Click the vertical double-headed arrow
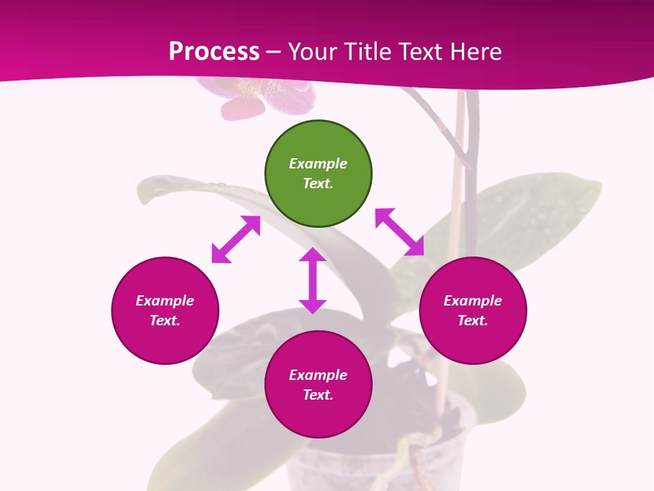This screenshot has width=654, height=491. point(313,280)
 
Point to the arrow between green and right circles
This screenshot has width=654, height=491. point(399,232)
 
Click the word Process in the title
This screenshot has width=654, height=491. point(214,52)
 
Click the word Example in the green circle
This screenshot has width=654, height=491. point(318,164)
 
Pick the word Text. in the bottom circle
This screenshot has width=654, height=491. point(318,395)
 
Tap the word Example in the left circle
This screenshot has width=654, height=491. point(165,301)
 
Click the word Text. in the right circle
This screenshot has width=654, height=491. point(473,321)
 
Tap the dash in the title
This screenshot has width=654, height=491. point(273,52)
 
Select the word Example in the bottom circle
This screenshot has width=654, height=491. point(318,375)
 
